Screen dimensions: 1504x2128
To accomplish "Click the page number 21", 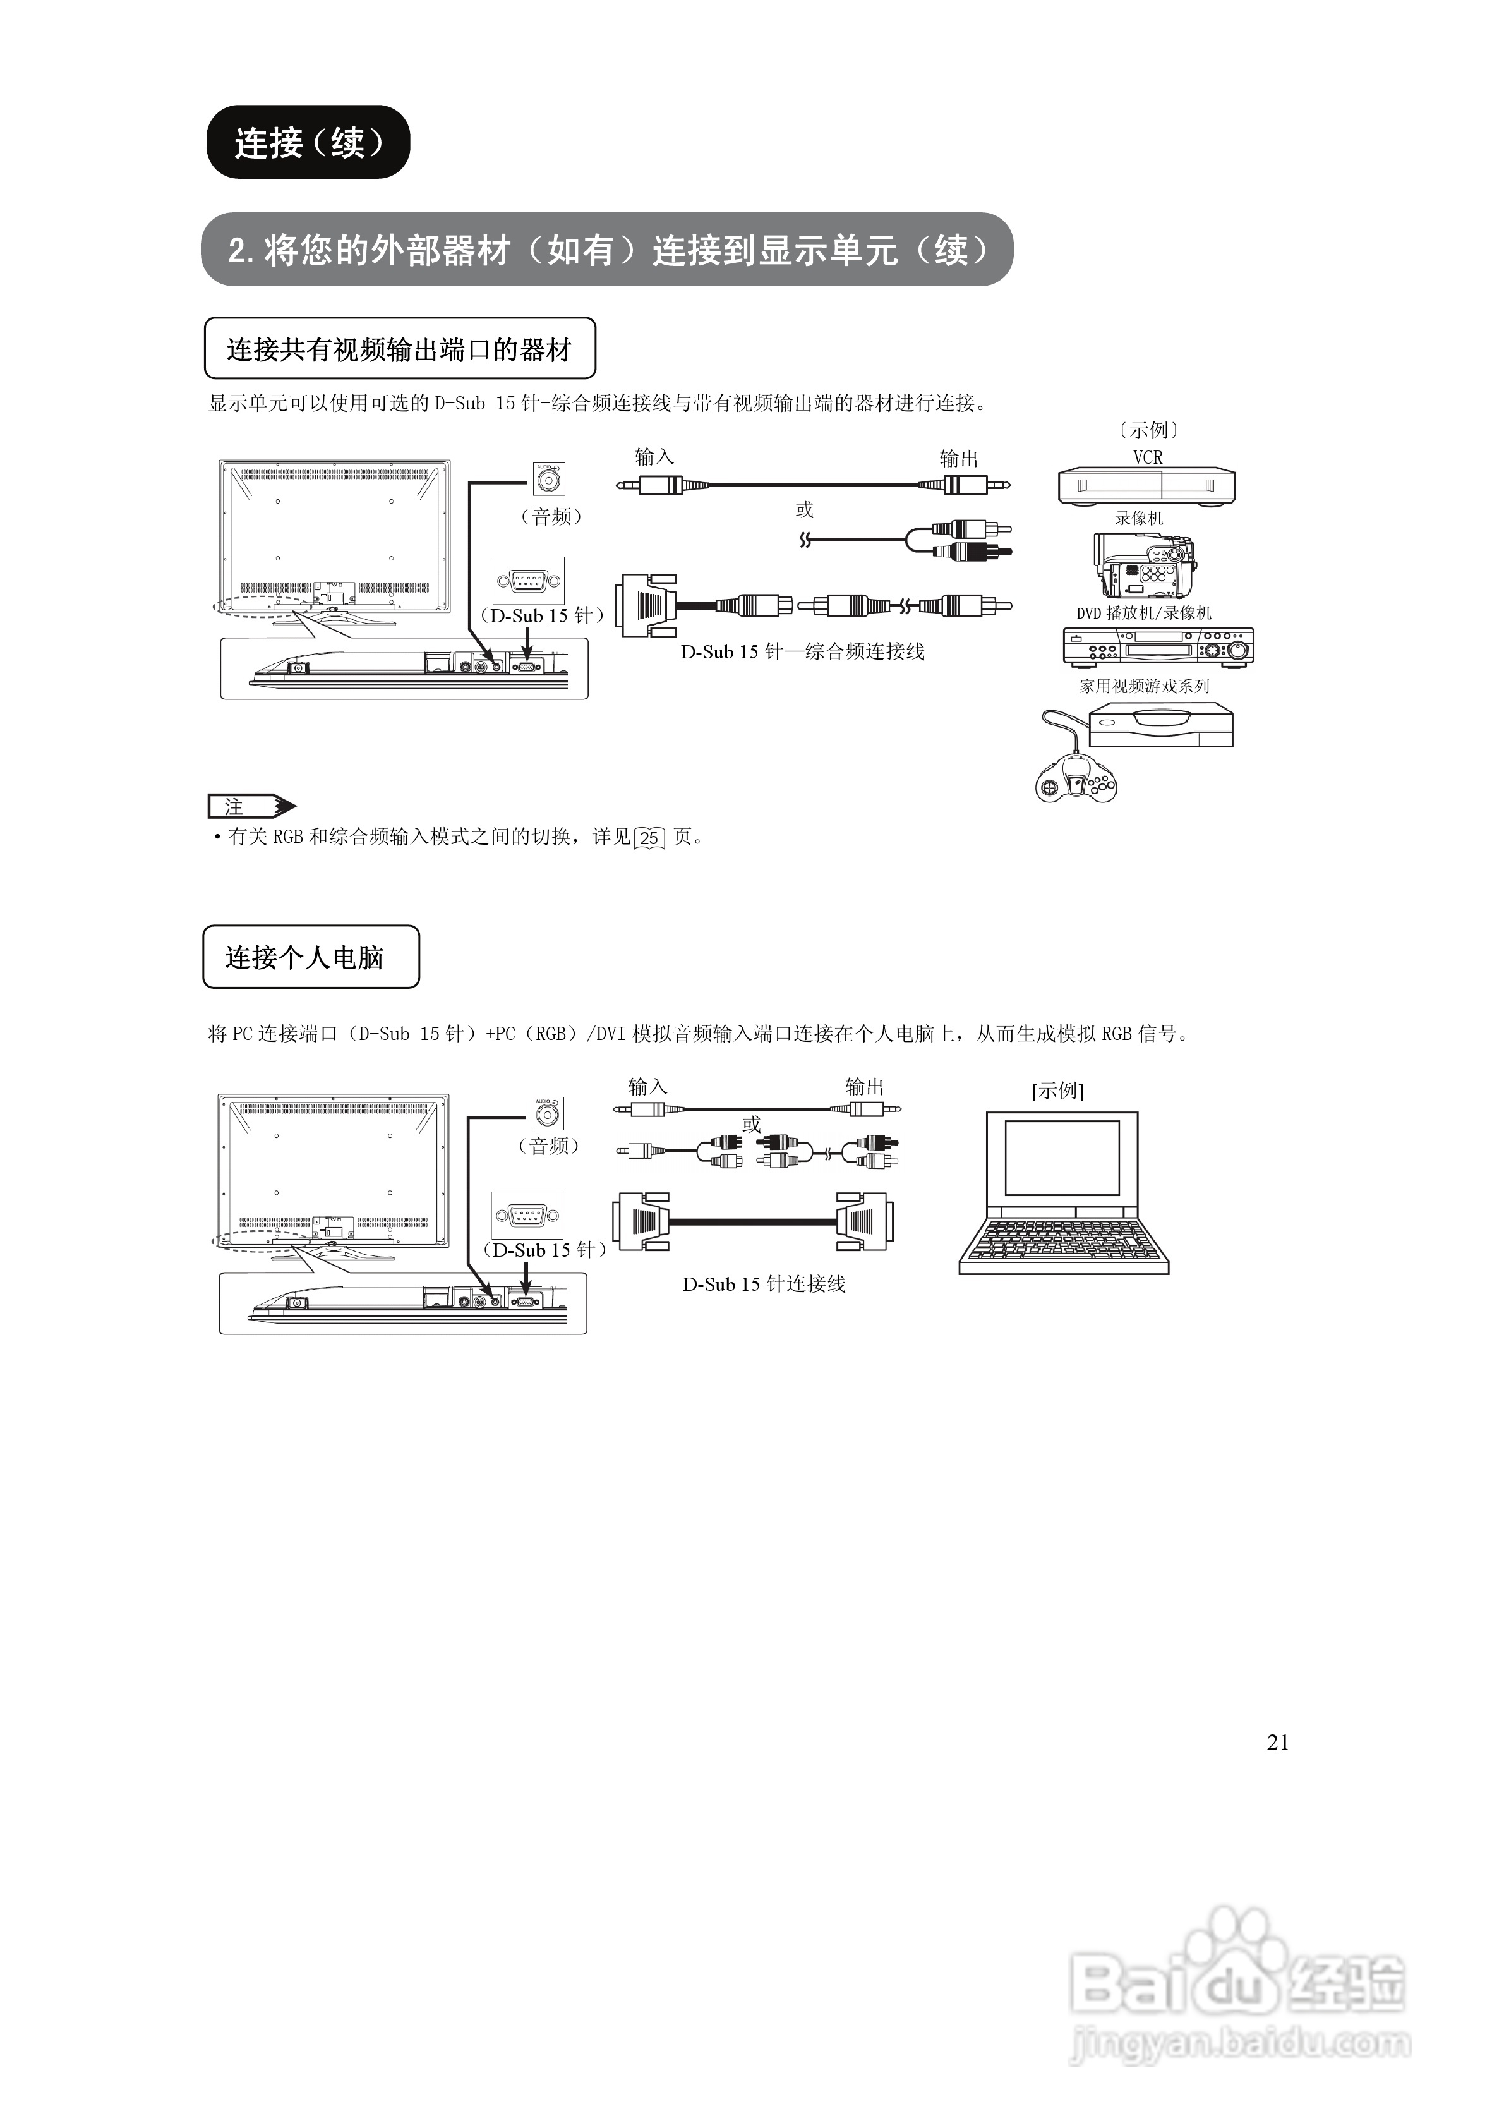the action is point(1277,1743).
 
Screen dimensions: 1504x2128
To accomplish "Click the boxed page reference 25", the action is point(649,838).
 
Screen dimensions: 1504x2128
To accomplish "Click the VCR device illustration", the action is point(1146,486).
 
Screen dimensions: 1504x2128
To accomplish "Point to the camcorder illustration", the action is point(1143,565).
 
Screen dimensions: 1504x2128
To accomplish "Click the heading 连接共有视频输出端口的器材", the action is point(399,349).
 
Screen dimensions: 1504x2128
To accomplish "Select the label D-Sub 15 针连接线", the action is point(764,1284).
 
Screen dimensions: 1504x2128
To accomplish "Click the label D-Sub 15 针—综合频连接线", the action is point(802,651).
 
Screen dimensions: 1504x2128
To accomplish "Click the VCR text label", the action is point(1147,457).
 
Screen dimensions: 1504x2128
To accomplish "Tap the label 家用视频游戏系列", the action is point(1143,686).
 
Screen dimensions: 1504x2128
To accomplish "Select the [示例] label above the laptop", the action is point(1057,1091).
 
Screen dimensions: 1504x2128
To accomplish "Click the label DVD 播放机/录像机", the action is point(1143,613).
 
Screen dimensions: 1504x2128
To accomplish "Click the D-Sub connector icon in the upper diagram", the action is point(528,580).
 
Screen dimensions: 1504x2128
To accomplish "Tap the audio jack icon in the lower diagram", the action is point(548,1112).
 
